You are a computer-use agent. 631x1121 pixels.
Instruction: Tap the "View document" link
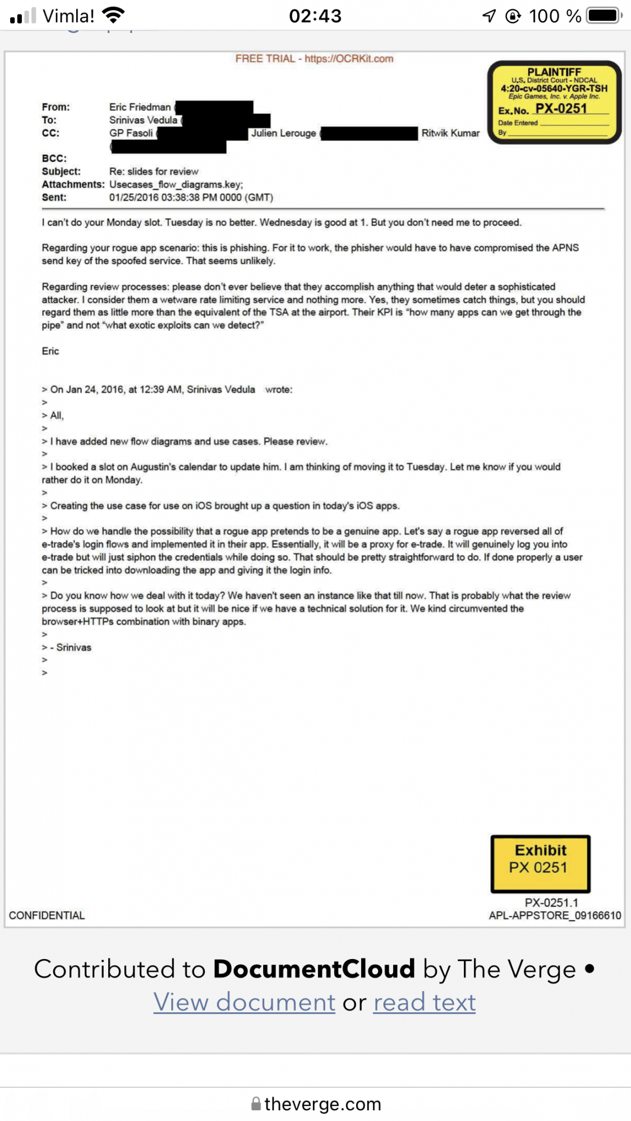click(244, 1002)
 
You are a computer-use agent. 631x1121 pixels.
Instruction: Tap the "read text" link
click(425, 1002)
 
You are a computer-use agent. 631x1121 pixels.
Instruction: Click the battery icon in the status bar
click(604, 16)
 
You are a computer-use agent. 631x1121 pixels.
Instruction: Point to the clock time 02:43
click(315, 16)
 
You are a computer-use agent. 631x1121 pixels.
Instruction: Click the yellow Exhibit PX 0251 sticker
click(540, 863)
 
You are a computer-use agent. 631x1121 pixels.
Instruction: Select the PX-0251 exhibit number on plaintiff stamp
click(561, 109)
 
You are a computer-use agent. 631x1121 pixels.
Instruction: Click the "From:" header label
click(56, 107)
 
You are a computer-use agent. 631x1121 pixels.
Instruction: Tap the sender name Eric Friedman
click(140, 107)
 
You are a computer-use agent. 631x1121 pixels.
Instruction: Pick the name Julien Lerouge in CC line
click(283, 133)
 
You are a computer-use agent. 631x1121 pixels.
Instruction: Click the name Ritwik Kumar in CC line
click(450, 133)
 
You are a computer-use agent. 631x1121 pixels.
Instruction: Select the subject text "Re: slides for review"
click(154, 172)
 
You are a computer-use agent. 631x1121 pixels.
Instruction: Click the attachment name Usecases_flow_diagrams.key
click(176, 184)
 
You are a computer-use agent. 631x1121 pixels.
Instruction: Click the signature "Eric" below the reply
click(50, 351)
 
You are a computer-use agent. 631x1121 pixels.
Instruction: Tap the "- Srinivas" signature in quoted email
click(71, 647)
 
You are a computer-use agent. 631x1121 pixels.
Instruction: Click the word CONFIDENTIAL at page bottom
click(47, 915)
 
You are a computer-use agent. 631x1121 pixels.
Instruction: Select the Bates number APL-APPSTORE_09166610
click(555, 915)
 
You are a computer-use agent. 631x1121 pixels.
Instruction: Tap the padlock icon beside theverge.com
click(256, 1104)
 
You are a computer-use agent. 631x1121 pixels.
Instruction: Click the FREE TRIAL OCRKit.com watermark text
click(314, 59)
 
